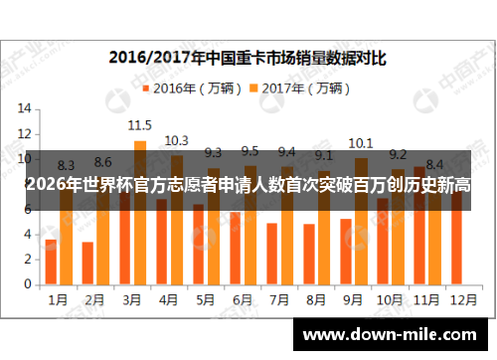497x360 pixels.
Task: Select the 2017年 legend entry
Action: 298,88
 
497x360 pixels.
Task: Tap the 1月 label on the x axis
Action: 58,297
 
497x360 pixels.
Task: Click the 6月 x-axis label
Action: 241,297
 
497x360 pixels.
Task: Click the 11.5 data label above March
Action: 139,125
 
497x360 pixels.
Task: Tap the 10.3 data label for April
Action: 176,140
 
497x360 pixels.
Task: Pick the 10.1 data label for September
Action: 360,142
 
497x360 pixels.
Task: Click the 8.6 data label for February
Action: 102,162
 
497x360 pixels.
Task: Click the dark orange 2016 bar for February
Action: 87,263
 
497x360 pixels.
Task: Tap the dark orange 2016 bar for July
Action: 271,254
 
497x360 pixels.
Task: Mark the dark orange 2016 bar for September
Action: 345,251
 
